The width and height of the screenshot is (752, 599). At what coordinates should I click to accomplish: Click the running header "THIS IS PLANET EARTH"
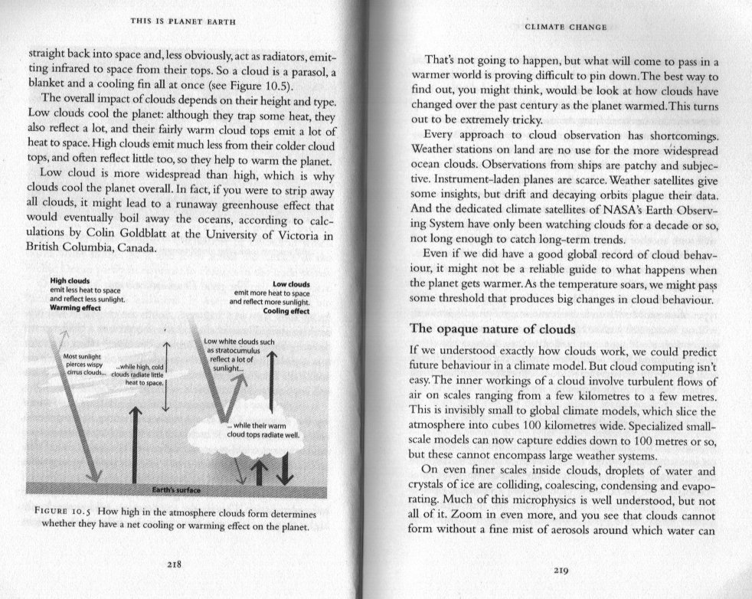(x=181, y=20)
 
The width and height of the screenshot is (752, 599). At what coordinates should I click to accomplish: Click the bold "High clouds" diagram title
(x=70, y=280)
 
